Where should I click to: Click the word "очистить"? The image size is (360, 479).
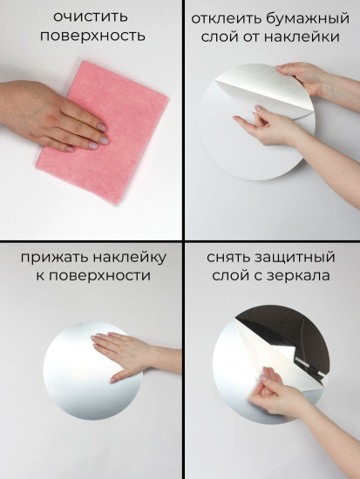89,17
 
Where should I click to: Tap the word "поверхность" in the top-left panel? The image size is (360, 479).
89,36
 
